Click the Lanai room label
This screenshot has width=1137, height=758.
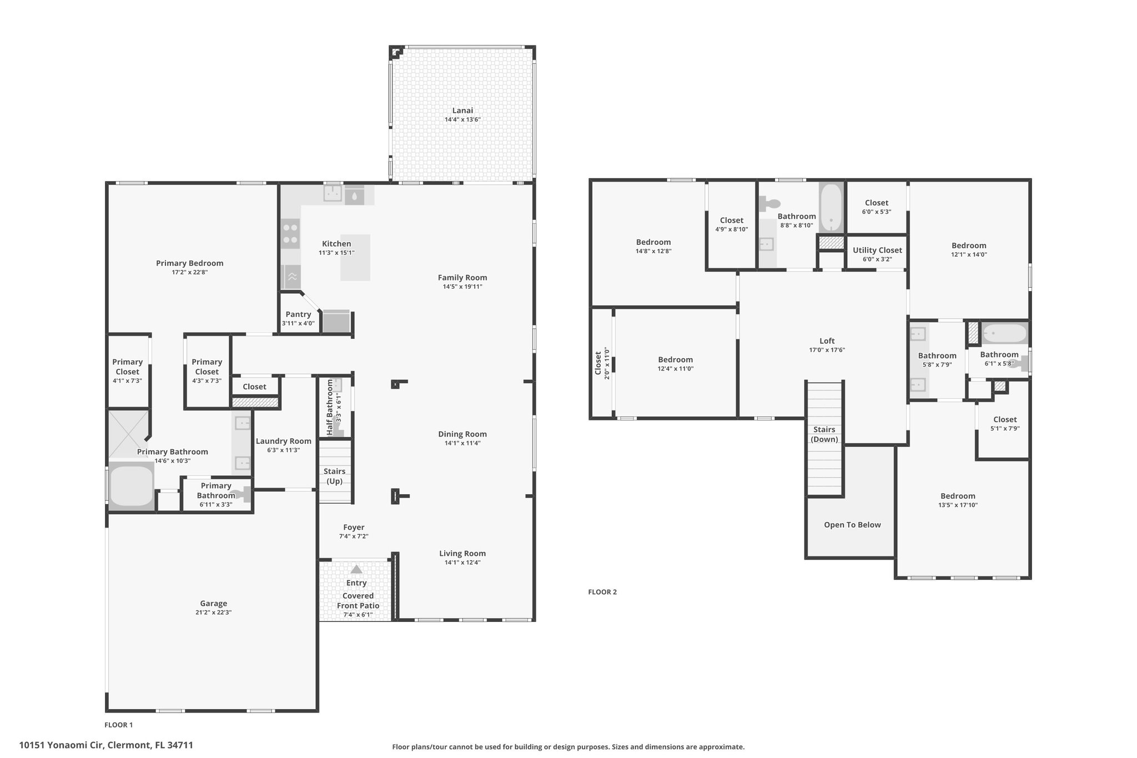(x=462, y=111)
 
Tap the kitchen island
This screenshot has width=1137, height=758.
(x=355, y=257)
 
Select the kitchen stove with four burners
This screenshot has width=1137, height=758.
(x=290, y=233)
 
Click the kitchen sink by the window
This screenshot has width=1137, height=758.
(x=333, y=194)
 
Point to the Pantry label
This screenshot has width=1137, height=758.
(x=298, y=314)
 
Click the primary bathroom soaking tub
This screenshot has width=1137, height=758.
(x=132, y=486)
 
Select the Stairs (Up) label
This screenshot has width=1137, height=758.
(x=334, y=476)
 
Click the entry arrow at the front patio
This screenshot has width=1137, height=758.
(x=356, y=569)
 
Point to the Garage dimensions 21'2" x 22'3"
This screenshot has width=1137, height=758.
(x=213, y=613)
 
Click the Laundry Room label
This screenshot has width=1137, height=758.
(x=283, y=441)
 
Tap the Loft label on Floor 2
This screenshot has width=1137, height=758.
(x=827, y=341)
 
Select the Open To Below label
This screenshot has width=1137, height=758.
(x=852, y=525)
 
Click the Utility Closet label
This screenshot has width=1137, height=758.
(x=877, y=250)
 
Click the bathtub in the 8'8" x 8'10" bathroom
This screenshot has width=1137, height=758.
(x=831, y=208)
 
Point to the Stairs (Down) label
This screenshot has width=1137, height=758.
(x=824, y=434)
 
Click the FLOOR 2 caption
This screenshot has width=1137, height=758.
(x=602, y=592)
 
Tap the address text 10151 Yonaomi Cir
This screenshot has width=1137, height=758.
(x=61, y=745)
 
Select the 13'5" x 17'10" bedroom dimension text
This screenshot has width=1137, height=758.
(x=958, y=505)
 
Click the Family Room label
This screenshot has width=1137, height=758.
(x=462, y=278)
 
